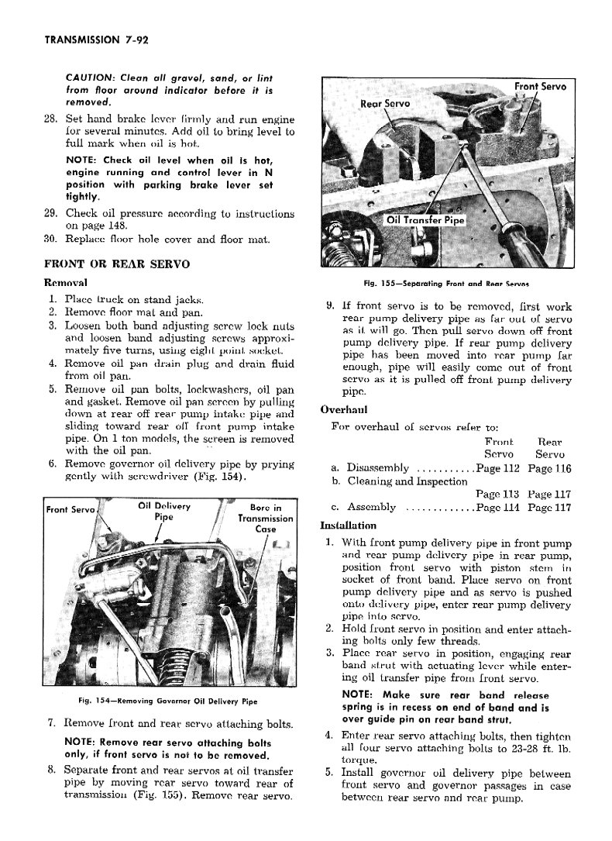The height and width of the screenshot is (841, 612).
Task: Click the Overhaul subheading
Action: (343, 410)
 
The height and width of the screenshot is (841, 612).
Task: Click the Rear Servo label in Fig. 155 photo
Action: (385, 103)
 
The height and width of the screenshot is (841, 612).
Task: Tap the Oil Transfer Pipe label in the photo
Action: (425, 220)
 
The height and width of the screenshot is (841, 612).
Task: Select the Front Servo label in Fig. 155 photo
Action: (540, 86)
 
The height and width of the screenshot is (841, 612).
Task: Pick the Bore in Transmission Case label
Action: (265, 519)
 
